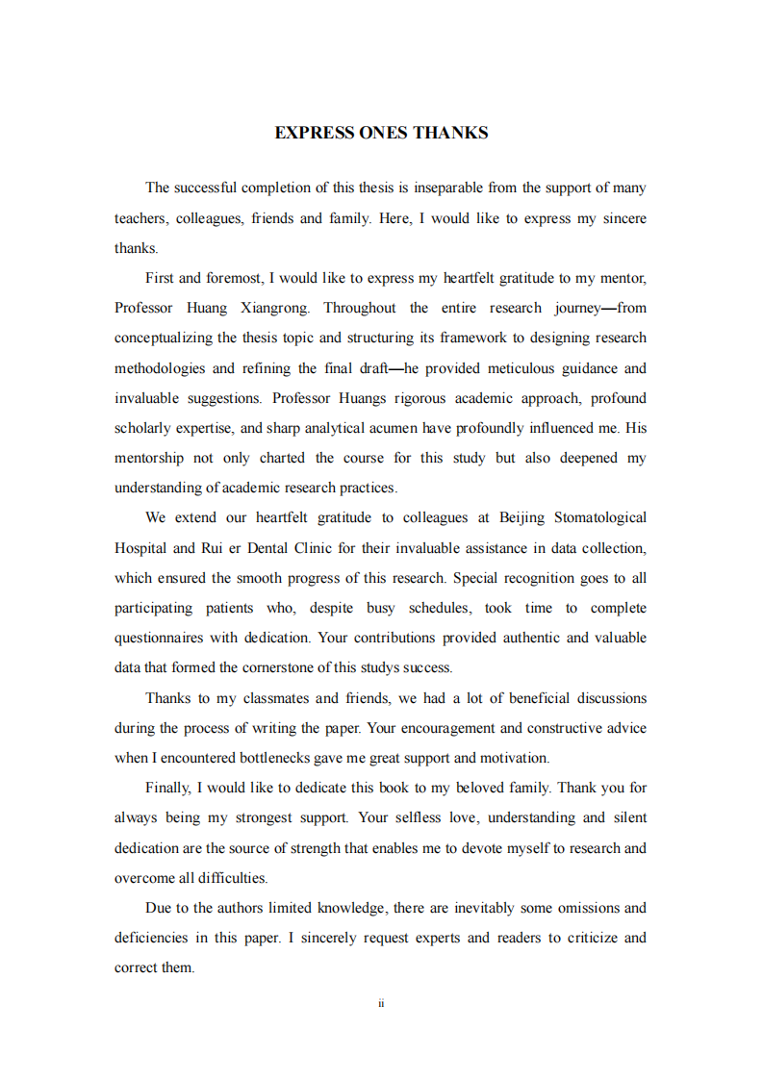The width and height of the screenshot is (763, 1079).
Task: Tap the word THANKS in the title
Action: [x=450, y=133]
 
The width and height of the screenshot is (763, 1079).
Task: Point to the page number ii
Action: [x=381, y=1003]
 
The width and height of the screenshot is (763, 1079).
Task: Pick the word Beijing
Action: [x=522, y=517]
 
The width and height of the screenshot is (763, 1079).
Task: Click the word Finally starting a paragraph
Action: [x=168, y=788]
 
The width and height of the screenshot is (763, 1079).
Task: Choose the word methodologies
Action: [x=161, y=368]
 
